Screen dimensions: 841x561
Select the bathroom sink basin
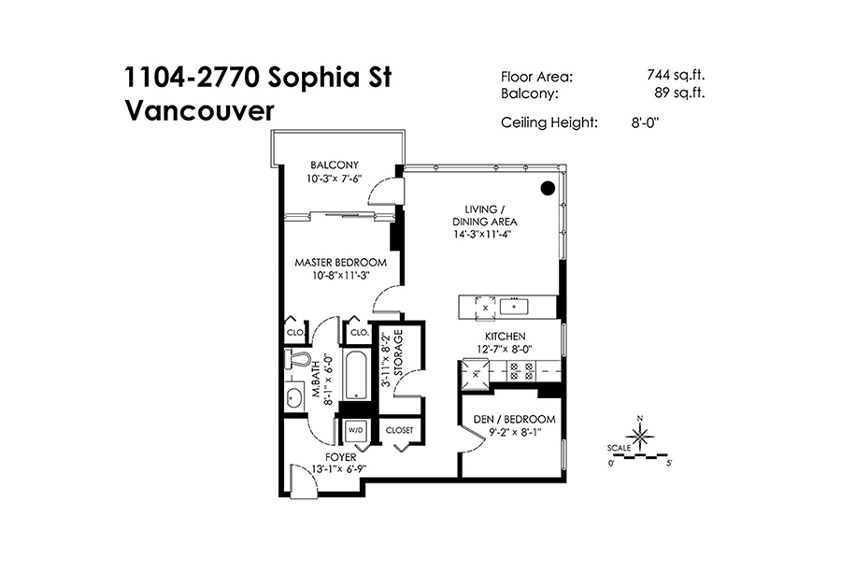tap(294, 397)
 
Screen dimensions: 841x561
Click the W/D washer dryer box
tap(356, 430)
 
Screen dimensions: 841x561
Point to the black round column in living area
tap(547, 188)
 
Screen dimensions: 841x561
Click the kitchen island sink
tap(514, 307)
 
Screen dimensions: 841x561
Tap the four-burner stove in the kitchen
tap(521, 371)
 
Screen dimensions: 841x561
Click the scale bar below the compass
tap(640, 456)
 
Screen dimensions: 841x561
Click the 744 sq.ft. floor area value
tap(676, 75)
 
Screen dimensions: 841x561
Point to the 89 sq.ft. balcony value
tap(679, 93)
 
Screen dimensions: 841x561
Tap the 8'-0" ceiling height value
tap(645, 122)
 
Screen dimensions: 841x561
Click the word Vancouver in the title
tap(200, 110)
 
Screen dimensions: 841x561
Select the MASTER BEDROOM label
tap(340, 263)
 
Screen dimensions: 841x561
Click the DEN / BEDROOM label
tap(514, 419)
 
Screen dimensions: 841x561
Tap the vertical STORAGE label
tap(398, 352)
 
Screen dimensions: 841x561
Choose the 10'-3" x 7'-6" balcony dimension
tap(335, 179)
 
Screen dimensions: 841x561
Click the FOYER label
tap(340, 457)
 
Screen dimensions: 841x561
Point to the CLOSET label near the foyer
tap(400, 430)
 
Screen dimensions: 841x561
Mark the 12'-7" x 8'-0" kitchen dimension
tap(505, 349)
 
